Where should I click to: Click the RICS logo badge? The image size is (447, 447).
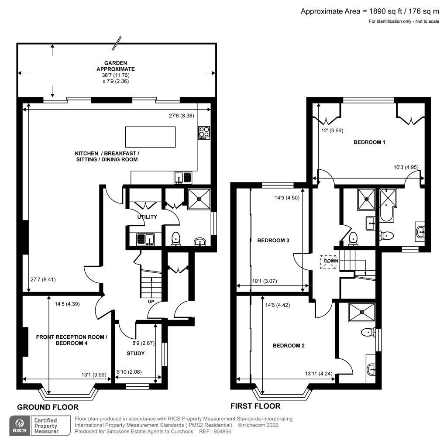coord(19,426)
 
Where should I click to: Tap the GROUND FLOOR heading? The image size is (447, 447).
coord(48,407)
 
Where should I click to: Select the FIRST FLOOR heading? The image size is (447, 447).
coord(255,406)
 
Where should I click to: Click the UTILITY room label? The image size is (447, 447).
coord(148,217)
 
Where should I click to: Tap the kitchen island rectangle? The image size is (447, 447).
coord(151,137)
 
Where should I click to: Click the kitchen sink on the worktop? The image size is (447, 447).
coord(183,177)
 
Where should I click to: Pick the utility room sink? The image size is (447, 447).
coord(145,239)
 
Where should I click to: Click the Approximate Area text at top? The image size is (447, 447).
coord(369,11)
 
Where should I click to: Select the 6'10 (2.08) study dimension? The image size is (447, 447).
coord(132,372)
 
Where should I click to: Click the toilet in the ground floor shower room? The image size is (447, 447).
coord(176,238)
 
